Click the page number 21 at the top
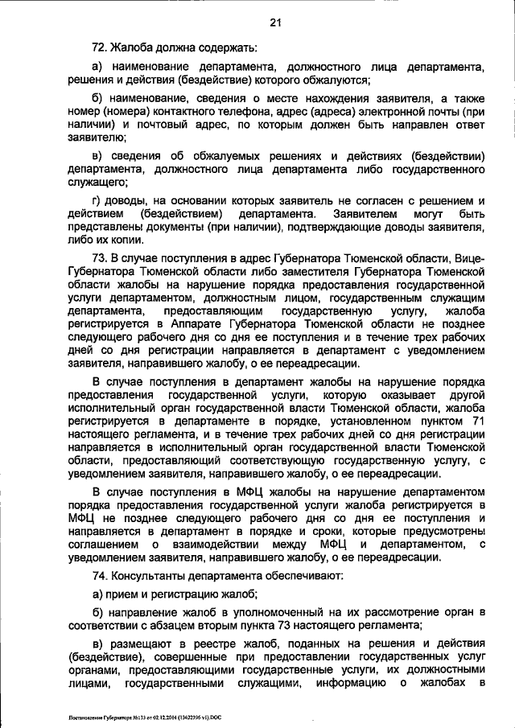(275, 23)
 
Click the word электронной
(350, 113)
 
